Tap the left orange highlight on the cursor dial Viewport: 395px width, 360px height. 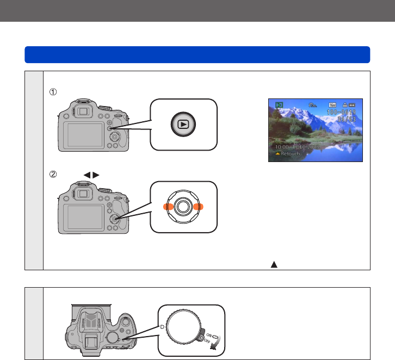coord(169,207)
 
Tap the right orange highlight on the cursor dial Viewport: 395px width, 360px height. coord(197,207)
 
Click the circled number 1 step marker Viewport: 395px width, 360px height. coord(53,92)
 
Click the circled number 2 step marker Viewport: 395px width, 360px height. coord(53,175)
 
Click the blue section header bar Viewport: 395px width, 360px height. coord(197,54)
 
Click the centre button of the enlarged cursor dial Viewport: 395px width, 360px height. coord(183,207)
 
